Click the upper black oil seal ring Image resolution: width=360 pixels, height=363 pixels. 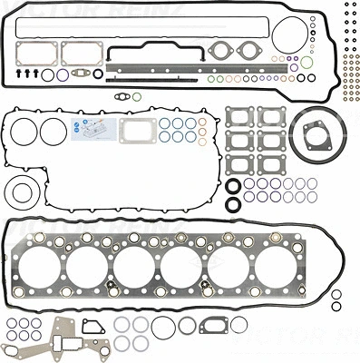(x=233, y=188)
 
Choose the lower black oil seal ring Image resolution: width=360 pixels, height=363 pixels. (x=233, y=203)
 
